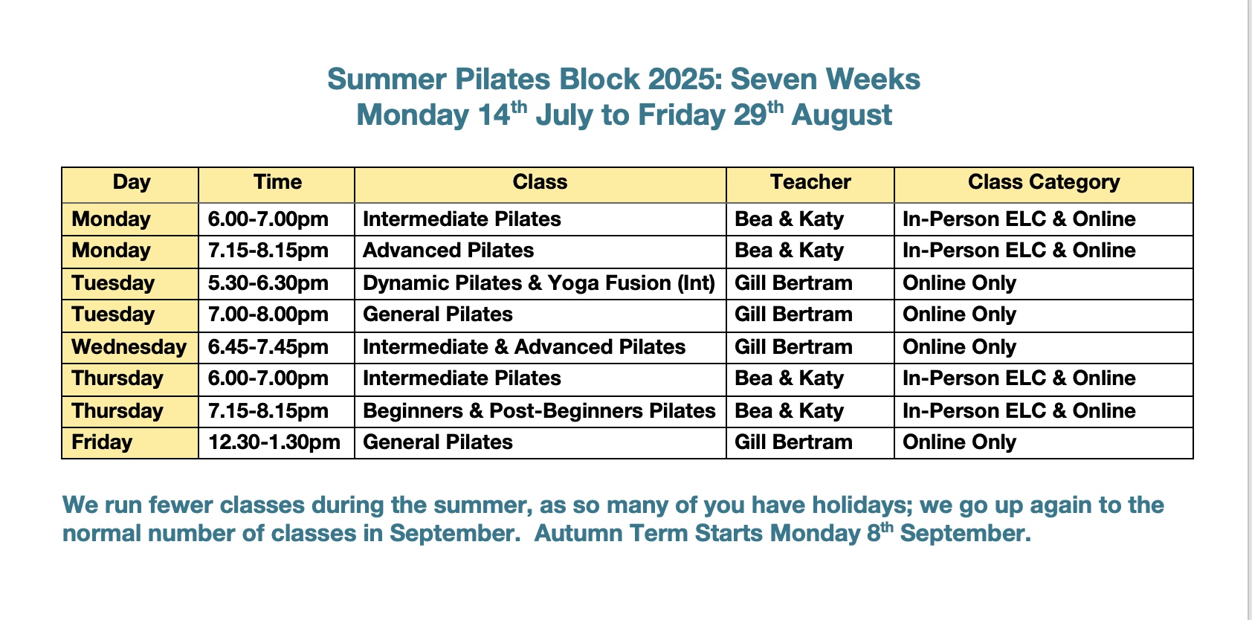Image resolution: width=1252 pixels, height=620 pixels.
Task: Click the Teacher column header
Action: pyautogui.click(x=810, y=182)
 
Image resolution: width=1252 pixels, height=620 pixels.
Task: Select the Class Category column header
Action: pyautogui.click(x=1044, y=182)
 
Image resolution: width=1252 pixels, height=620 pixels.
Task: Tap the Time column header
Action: pyautogui.click(x=277, y=182)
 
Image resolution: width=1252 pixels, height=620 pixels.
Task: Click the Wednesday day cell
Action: pyautogui.click(x=129, y=347)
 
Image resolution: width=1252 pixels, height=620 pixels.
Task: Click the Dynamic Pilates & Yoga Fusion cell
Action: pyautogui.click(x=539, y=283)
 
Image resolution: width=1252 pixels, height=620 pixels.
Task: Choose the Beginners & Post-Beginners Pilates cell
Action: pyautogui.click(x=539, y=411)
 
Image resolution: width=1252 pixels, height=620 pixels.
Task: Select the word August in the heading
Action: pyautogui.click(x=841, y=115)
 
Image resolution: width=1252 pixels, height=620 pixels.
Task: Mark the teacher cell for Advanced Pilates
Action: pyautogui.click(x=789, y=251)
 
